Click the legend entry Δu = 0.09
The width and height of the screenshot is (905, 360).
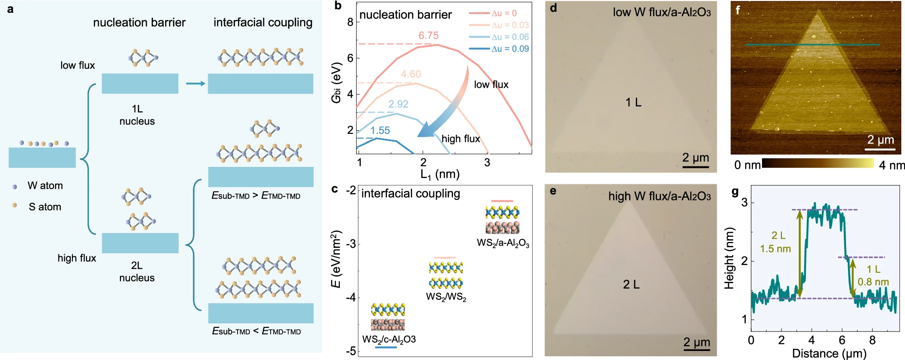[x=499, y=48]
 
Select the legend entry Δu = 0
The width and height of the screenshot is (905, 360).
[x=493, y=13]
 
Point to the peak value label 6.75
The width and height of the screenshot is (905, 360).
[x=429, y=36]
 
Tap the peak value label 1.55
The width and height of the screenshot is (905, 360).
[x=380, y=131]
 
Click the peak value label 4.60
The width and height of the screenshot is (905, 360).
[x=411, y=74]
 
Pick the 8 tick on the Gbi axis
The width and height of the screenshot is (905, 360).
[x=350, y=22]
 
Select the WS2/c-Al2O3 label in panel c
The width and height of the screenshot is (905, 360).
[x=389, y=339]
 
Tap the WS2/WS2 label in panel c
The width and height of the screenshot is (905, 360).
[x=446, y=297]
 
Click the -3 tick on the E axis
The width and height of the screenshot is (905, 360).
[x=351, y=244]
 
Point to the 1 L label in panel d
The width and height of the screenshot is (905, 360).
[x=633, y=103]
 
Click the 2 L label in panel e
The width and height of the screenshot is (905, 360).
[x=631, y=284]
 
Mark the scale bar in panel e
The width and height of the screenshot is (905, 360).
[x=697, y=350]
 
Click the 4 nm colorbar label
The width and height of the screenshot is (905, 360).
[x=892, y=166]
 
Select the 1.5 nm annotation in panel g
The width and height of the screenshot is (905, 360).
[x=776, y=249]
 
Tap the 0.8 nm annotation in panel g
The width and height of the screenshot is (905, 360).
[x=873, y=282]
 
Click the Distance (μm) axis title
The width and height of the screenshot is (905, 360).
[x=829, y=353]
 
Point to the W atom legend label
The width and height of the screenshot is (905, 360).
[x=45, y=185]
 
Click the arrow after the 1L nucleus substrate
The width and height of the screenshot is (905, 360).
[x=196, y=84]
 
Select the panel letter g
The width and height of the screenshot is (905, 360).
[x=735, y=192]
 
